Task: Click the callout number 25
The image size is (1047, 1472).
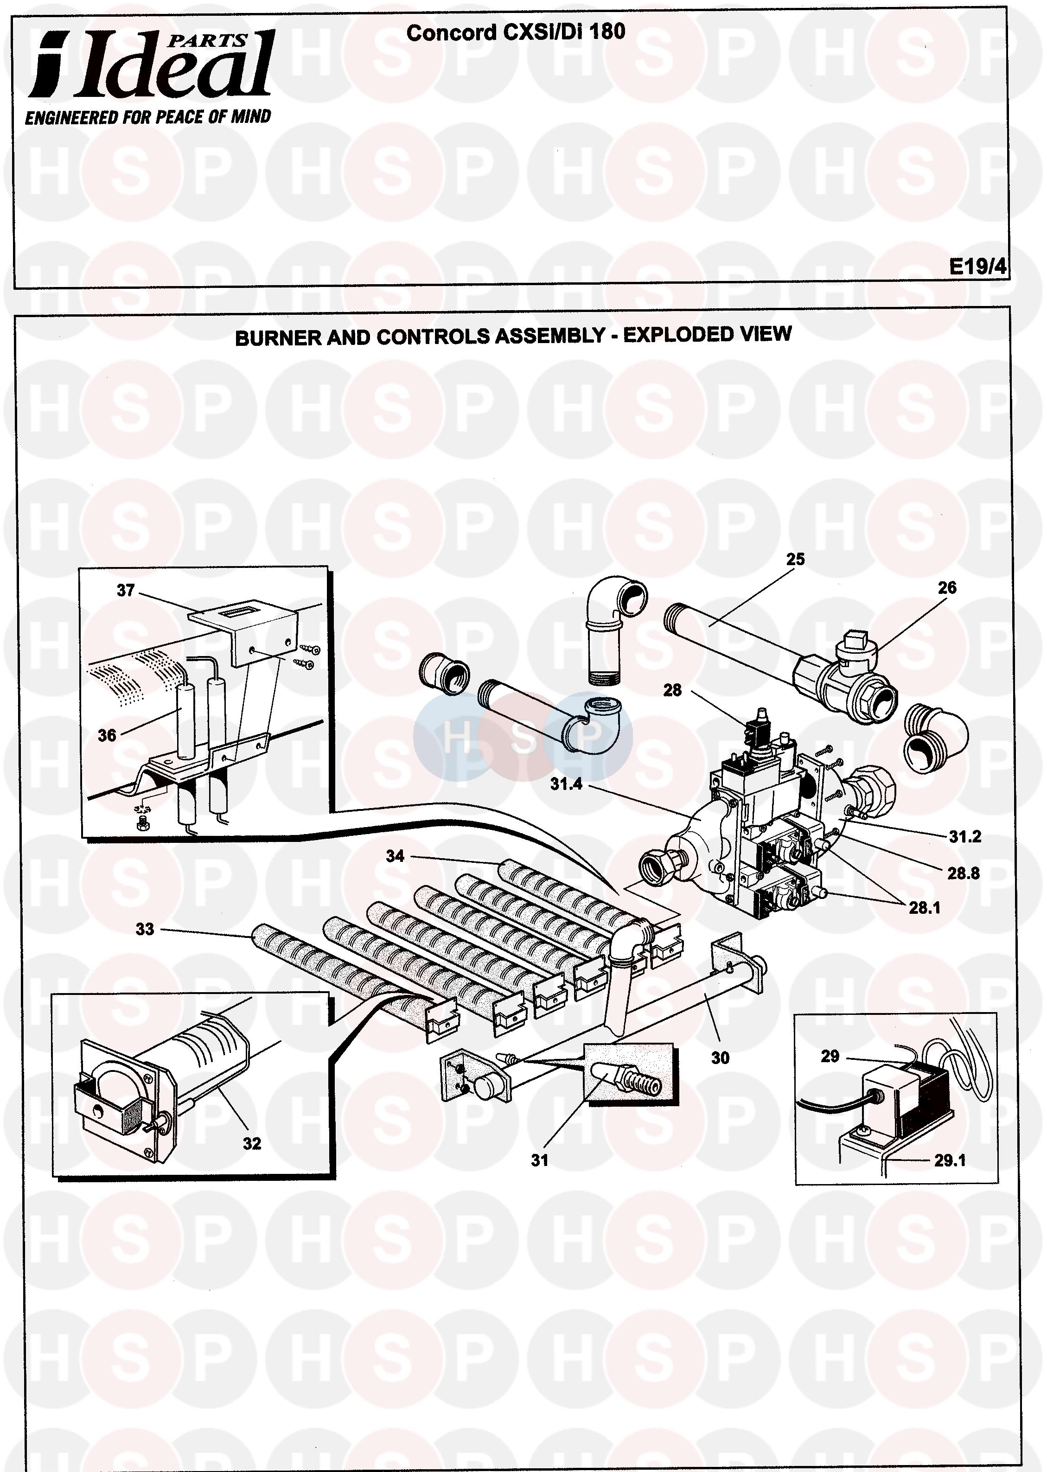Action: [795, 560]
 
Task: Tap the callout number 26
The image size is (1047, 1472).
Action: [946, 588]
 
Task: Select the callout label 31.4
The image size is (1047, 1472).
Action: [566, 784]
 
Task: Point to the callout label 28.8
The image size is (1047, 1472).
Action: [963, 873]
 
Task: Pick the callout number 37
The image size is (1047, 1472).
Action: [126, 590]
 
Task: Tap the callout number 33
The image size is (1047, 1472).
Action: [145, 929]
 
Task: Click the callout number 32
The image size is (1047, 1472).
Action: [252, 1143]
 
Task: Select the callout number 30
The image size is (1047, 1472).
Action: [720, 1058]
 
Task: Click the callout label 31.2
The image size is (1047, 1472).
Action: [964, 836]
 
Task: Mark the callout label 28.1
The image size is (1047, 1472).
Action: [924, 908]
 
